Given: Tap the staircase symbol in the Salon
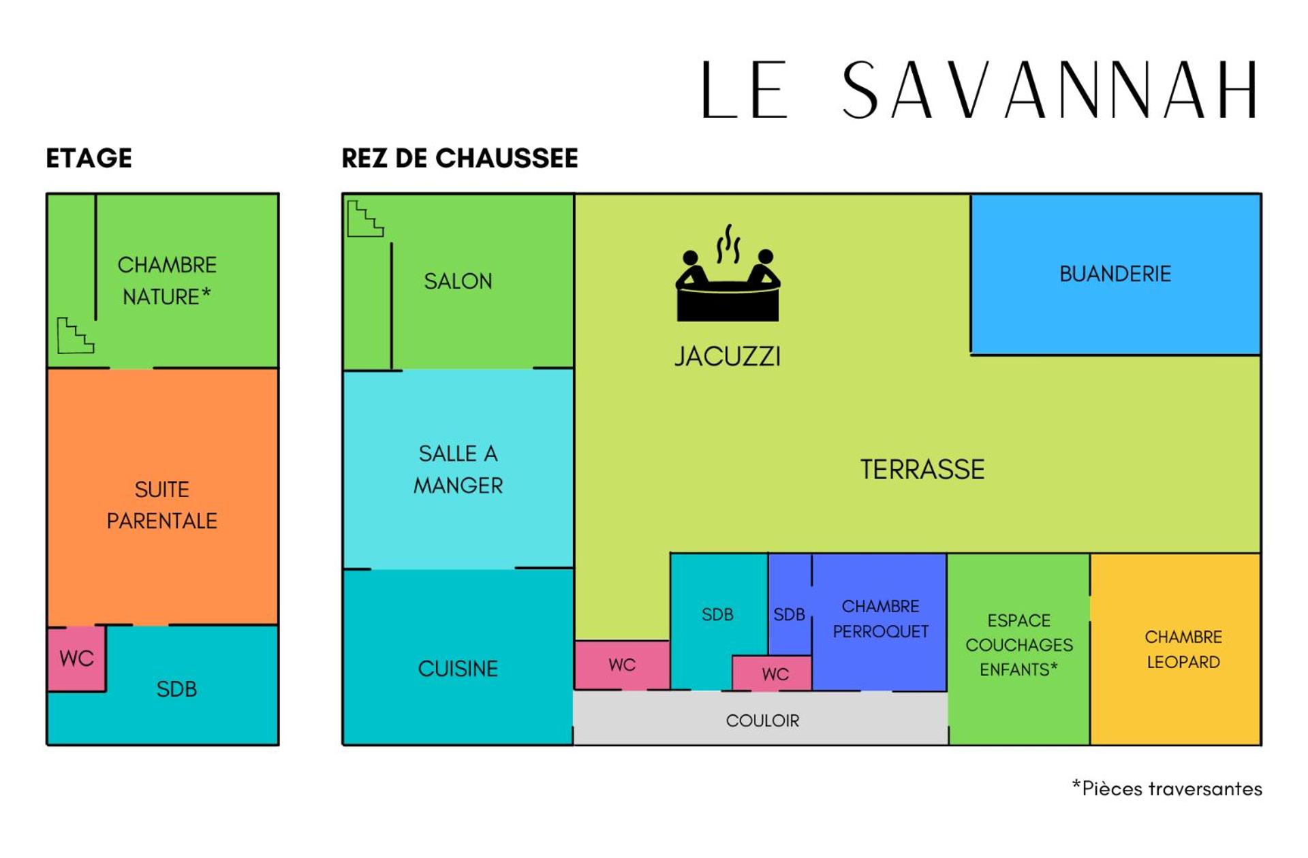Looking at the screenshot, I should (365, 219).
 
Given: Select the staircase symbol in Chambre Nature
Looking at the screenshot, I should (75, 336).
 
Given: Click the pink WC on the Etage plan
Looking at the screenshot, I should (76, 658).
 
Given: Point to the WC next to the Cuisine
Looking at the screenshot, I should (622, 665).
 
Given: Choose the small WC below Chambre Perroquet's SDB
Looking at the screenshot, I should (775, 674).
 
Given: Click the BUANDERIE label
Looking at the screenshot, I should (1115, 274).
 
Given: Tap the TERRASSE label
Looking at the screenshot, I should (922, 469).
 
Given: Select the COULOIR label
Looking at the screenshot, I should (762, 720).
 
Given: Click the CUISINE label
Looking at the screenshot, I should (458, 669).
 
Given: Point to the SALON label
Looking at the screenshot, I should (458, 281).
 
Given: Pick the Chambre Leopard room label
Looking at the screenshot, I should (1183, 649).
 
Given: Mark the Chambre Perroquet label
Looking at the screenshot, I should (880, 618).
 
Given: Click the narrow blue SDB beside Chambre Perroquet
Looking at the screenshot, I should (789, 614).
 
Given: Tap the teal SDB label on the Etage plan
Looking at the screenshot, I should (176, 689).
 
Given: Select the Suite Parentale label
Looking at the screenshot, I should (162, 505).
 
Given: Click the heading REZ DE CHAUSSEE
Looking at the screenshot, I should (459, 158).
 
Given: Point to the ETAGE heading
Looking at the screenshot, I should (89, 158).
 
